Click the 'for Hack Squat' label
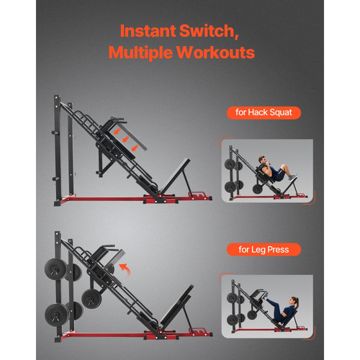click(x=262, y=113)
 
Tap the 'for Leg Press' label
click(x=262, y=250)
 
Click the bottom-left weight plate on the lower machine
click(x=57, y=312)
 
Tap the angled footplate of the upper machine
click(x=174, y=176)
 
